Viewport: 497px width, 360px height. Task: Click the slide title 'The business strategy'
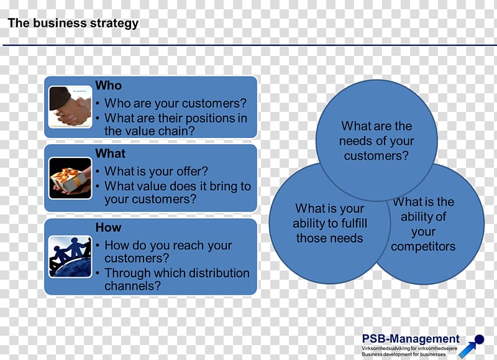pos(73,23)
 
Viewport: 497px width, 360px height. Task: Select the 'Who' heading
pos(108,85)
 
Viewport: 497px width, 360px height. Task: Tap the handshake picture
pos(70,107)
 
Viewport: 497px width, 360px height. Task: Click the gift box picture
pos(70,178)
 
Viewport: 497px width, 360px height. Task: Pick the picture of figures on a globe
pos(70,257)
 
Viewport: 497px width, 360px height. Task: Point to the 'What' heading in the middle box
pos(111,154)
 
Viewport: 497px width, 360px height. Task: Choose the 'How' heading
pos(108,228)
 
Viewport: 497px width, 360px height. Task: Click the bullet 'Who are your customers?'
pos(175,103)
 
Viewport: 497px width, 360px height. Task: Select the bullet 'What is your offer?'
pos(156,171)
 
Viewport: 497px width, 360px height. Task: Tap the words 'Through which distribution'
pos(177,273)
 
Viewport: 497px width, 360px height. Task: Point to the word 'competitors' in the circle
pos(423,246)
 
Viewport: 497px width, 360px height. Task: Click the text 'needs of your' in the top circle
pos(376,141)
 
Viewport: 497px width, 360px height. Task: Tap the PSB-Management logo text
pos(411,339)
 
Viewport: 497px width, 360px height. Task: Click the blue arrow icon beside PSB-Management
pos(472,346)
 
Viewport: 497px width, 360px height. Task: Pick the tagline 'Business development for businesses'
pos(403,354)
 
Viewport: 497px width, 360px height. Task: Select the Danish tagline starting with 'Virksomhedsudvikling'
pos(409,348)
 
